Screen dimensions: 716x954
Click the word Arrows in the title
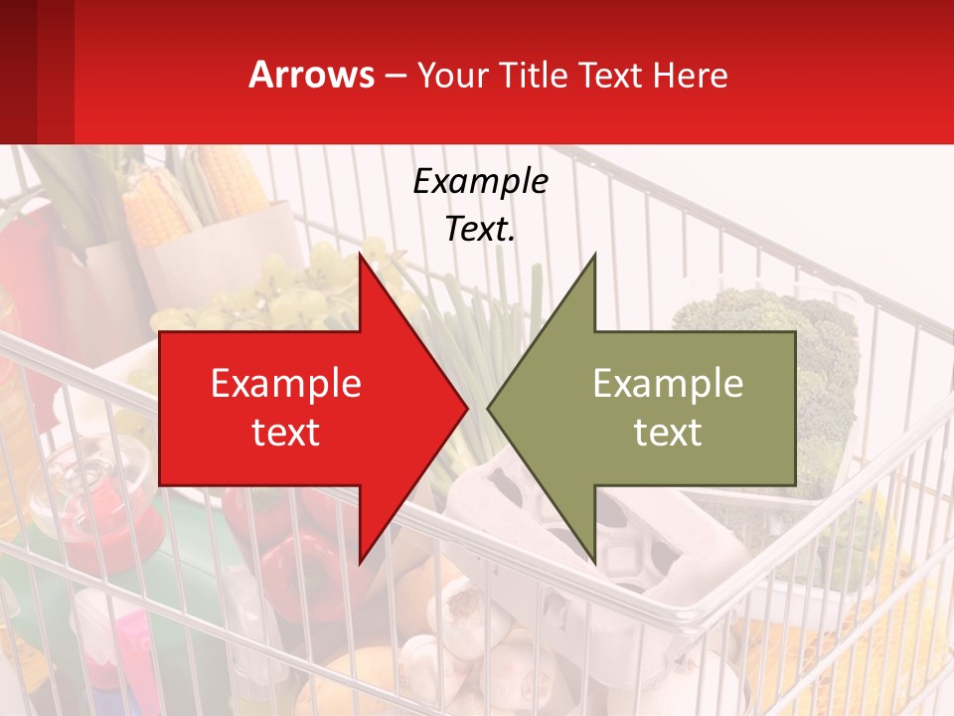click(311, 75)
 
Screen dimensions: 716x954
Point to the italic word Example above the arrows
click(480, 182)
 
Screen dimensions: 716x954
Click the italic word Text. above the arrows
click(480, 229)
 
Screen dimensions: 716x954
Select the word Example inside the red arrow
click(286, 384)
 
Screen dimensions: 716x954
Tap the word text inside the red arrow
click(286, 433)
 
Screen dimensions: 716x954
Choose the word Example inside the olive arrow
click(668, 384)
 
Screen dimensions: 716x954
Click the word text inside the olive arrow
click(668, 433)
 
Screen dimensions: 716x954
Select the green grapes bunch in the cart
click(298, 283)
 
